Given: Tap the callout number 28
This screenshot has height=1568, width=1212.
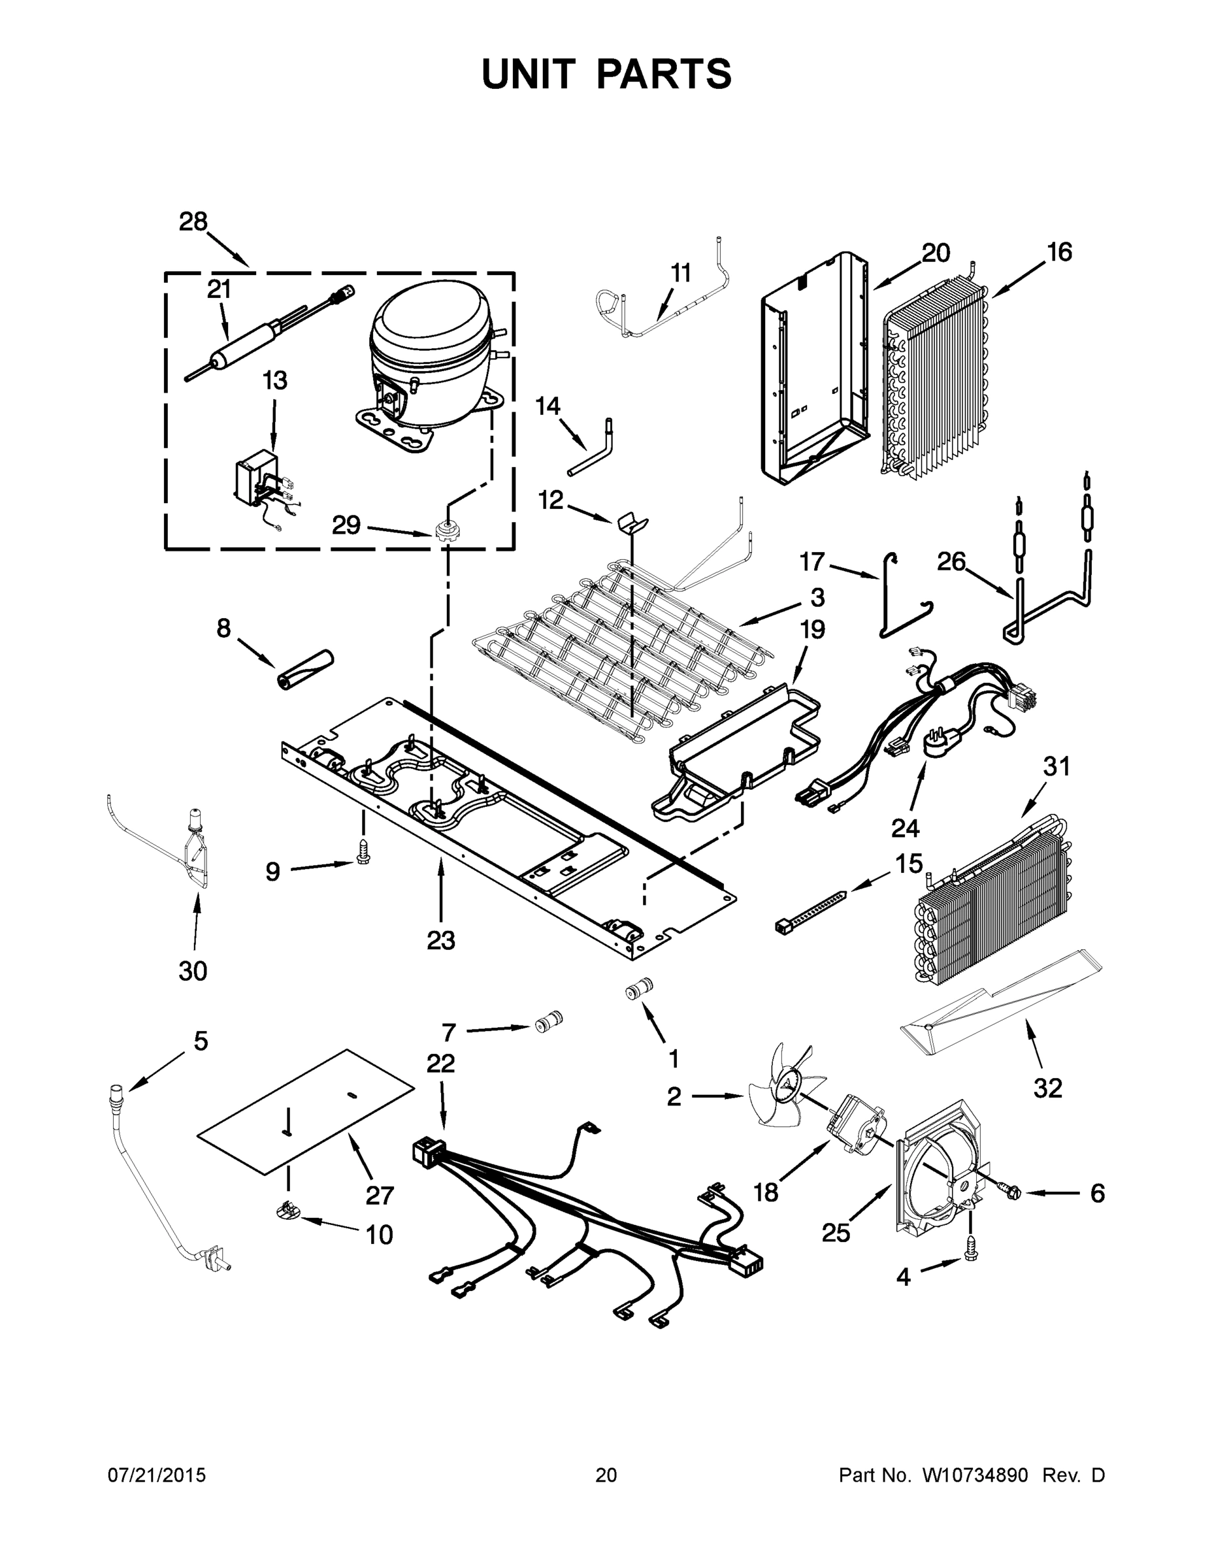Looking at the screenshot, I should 193,222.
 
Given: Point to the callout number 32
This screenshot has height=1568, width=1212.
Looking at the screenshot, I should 1047,1088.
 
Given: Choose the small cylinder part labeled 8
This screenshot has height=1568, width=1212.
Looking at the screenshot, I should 306,668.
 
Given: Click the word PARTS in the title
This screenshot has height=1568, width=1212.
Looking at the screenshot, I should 664,74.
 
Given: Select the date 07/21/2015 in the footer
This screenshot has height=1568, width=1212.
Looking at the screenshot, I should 157,1475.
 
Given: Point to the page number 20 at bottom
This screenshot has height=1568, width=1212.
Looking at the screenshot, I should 606,1475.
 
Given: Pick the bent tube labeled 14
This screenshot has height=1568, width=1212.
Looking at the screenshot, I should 593,449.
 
